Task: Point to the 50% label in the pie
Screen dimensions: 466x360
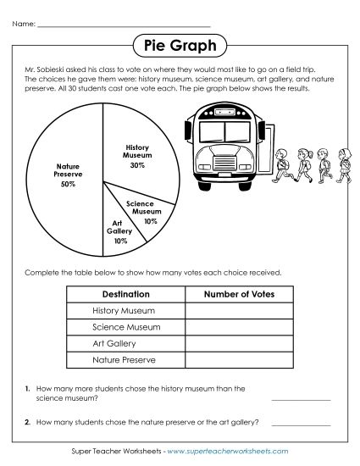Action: (x=69, y=184)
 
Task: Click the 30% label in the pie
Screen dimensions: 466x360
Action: (x=137, y=166)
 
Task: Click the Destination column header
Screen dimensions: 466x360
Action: (x=125, y=294)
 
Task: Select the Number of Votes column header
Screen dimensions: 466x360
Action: (x=240, y=294)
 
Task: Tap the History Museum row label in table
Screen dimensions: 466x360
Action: (x=124, y=311)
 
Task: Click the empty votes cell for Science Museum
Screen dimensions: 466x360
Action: (x=240, y=327)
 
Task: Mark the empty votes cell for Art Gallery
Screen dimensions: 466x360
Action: (x=240, y=344)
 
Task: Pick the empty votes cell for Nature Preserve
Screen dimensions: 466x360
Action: (x=240, y=361)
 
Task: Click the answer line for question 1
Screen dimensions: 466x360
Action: (x=301, y=397)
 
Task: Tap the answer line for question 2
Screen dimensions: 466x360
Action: (x=301, y=423)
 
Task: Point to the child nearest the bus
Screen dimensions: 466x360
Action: (x=281, y=164)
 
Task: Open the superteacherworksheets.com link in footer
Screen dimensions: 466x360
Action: (x=228, y=452)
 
